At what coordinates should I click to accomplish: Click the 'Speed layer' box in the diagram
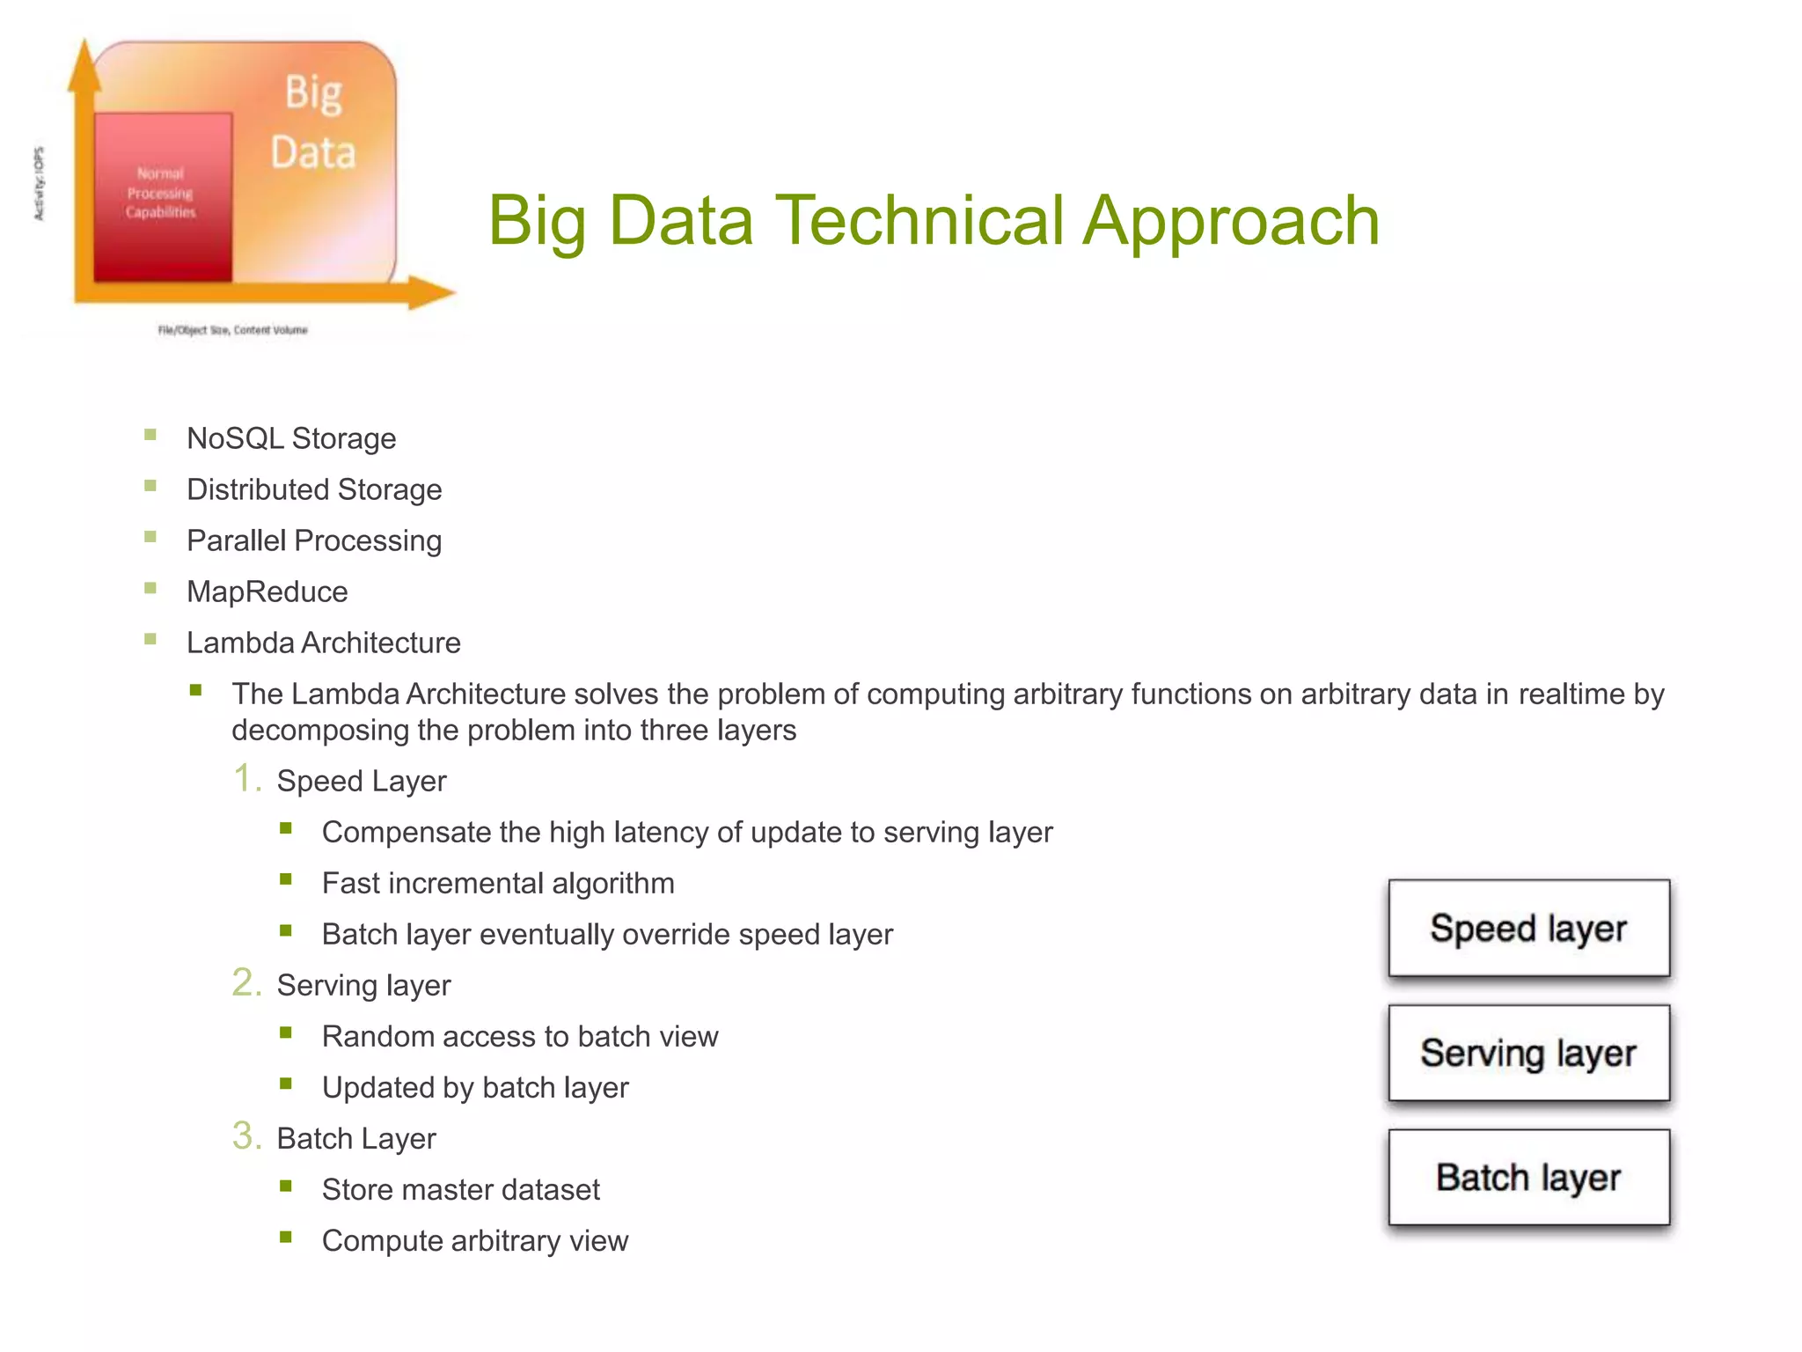[1528, 929]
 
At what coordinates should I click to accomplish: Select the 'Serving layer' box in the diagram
[1528, 1053]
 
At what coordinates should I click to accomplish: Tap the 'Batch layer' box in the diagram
[1528, 1178]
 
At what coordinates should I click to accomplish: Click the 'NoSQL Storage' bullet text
[291, 438]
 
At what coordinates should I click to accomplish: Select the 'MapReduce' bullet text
[267, 591]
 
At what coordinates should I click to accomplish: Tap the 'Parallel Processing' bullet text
[314, 540]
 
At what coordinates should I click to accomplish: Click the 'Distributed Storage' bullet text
[314, 489]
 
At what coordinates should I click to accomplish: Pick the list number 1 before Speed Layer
[246, 779]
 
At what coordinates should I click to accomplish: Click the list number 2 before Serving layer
[246, 983]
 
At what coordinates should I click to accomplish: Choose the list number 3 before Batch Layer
[246, 1136]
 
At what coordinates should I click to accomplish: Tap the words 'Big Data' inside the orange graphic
[313, 123]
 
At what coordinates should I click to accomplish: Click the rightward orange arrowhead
[432, 292]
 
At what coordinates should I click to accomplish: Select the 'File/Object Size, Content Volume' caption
[233, 330]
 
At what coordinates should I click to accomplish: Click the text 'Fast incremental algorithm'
[498, 883]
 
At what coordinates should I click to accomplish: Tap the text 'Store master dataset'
[461, 1189]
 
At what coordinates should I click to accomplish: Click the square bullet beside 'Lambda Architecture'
[150, 640]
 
